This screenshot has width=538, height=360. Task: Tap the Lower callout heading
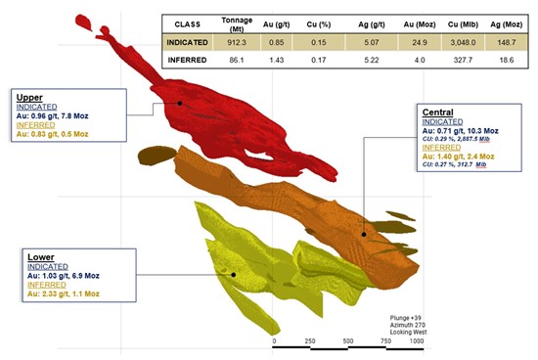tap(43, 255)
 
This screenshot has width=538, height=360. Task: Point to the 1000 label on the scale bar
tap(417, 341)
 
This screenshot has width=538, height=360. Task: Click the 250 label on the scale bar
tap(310, 341)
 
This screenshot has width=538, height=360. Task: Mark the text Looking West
tap(403, 331)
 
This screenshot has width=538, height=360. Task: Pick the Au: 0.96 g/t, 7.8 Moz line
tap(60, 116)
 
